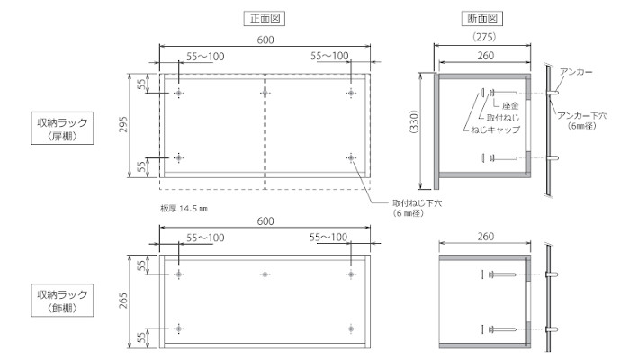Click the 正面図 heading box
pos(265,19)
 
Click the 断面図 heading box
pos(482,19)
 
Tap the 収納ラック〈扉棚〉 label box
pos(62,128)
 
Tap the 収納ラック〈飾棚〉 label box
pos(62,300)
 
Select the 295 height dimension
pos(123,125)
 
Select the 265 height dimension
pos(123,300)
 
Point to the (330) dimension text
pos(414,122)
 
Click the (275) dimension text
pos(484,37)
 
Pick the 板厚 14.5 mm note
pos(184,209)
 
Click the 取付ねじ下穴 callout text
pos(417,203)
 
